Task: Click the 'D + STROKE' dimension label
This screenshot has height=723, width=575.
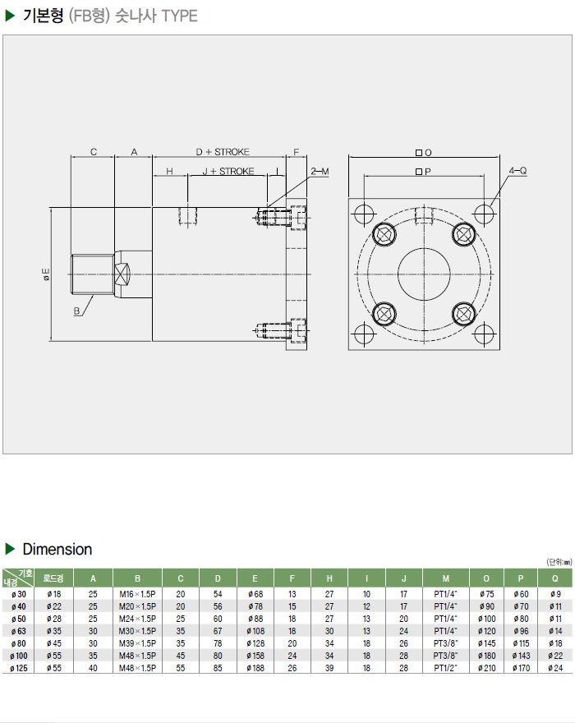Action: pyautogui.click(x=222, y=152)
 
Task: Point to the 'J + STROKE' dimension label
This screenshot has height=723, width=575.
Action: pyautogui.click(x=228, y=171)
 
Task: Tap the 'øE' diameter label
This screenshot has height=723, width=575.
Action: pyautogui.click(x=46, y=274)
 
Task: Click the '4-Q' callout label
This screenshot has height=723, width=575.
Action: pyautogui.click(x=517, y=171)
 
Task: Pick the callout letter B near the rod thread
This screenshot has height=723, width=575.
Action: pyautogui.click(x=76, y=311)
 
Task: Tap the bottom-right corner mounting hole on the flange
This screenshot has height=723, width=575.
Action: pyautogui.click(x=484, y=334)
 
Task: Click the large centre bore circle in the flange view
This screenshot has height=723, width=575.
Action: pyautogui.click(x=424, y=274)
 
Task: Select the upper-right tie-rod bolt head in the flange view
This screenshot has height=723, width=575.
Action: pyautogui.click(x=463, y=234)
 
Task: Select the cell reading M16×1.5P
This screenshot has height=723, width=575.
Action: pyautogui.click(x=137, y=594)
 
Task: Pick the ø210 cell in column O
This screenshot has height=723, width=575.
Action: pyautogui.click(x=487, y=669)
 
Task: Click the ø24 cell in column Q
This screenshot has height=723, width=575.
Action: pyautogui.click(x=555, y=669)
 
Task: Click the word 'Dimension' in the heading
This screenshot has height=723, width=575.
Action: pyautogui.click(x=57, y=549)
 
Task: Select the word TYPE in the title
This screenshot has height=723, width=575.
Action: pyautogui.click(x=180, y=16)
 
